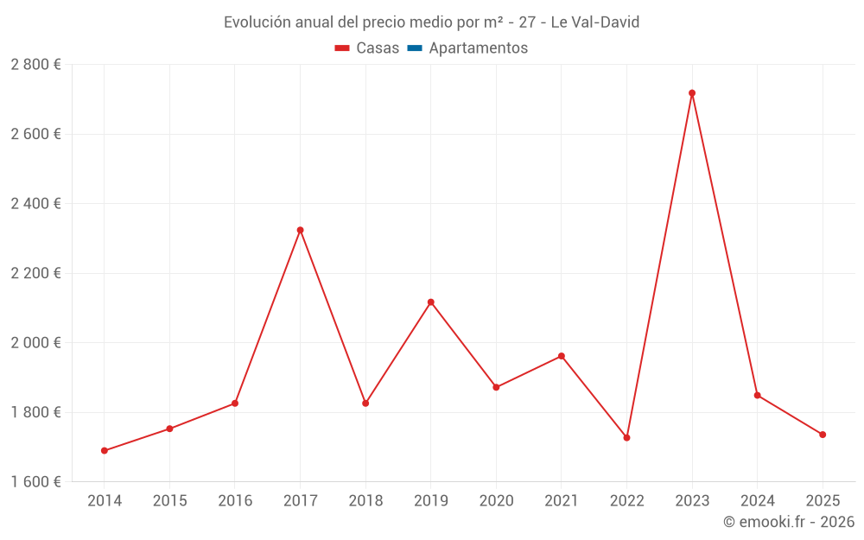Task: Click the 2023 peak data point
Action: (x=692, y=93)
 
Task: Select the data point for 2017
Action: (x=300, y=230)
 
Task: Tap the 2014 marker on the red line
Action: (x=105, y=451)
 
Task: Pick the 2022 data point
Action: (x=626, y=438)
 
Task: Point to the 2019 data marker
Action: (x=430, y=302)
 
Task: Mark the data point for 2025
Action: (x=823, y=435)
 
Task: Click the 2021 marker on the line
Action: (x=562, y=356)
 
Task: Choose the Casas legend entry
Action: (x=367, y=48)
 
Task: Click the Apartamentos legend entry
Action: (x=478, y=48)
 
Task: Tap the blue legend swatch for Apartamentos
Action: (x=415, y=48)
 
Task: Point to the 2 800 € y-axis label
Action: (x=35, y=65)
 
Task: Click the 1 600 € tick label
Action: (x=35, y=482)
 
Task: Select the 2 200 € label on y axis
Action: (x=35, y=273)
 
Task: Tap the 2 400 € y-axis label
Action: (x=35, y=204)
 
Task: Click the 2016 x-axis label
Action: (x=235, y=501)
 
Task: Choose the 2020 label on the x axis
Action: (x=496, y=501)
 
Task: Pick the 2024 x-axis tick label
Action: (x=757, y=501)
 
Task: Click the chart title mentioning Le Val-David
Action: (x=431, y=22)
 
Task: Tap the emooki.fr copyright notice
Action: (x=788, y=522)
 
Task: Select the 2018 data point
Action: (x=365, y=403)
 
